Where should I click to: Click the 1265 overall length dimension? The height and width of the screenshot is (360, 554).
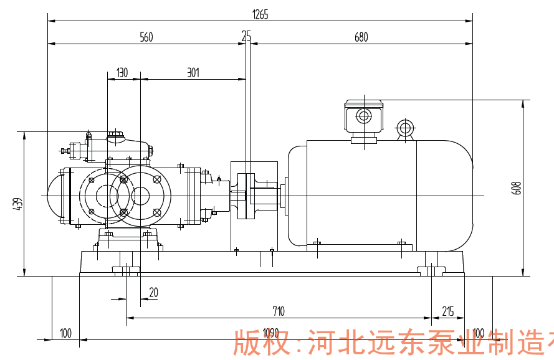click(260, 15)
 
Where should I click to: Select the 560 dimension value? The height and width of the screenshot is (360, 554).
click(146, 37)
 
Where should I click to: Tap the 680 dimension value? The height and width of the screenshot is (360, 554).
click(361, 37)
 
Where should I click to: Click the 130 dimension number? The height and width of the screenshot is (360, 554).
click(122, 73)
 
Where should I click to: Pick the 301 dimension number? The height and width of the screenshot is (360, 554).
click(193, 73)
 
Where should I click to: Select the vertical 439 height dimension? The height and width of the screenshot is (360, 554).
click(18, 204)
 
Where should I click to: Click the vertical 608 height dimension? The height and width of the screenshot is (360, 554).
click(516, 188)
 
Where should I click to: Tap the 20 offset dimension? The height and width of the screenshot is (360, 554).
click(153, 292)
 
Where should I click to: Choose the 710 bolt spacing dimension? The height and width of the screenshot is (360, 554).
click(279, 311)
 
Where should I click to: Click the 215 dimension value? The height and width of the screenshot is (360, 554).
click(448, 311)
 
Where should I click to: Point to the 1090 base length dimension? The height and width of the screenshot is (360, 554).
click(270, 333)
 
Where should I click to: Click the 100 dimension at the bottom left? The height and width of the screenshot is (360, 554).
click(65, 333)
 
